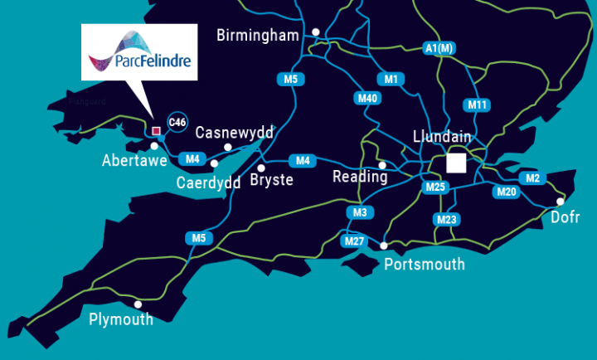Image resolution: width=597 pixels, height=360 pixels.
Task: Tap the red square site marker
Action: point(156,130)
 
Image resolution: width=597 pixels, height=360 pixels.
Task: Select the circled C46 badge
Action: point(177,122)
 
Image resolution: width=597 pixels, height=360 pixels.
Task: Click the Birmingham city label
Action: point(256,35)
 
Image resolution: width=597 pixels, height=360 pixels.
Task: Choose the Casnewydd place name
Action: point(234,133)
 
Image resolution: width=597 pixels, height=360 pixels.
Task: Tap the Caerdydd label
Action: point(209,182)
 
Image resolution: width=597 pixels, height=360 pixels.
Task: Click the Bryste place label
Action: point(271,180)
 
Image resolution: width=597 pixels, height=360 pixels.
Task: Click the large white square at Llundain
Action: point(456,162)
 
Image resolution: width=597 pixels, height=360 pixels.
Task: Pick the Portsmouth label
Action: point(425,265)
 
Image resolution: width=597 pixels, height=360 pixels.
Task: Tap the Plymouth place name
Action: point(121,319)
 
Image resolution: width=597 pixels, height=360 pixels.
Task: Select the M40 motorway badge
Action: point(368,98)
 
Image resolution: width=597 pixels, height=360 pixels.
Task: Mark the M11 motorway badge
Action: point(478,105)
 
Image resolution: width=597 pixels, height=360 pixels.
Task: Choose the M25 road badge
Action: point(435,187)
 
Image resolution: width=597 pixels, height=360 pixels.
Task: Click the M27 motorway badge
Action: point(353,241)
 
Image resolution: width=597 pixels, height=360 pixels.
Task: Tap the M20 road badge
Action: point(507,192)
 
